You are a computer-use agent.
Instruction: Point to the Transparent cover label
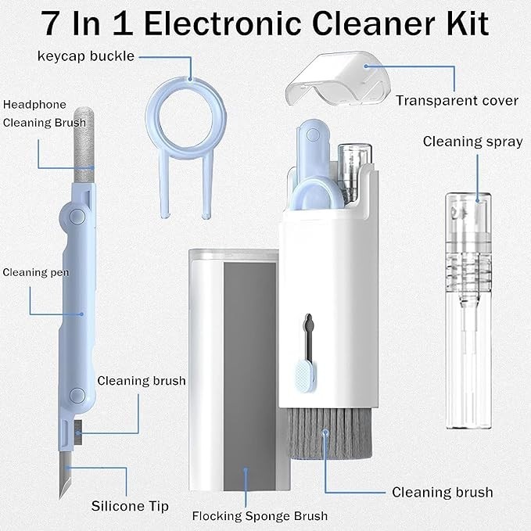point(457,101)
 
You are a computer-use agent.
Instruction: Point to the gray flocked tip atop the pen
point(84,145)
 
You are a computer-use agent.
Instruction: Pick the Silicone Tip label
point(130,506)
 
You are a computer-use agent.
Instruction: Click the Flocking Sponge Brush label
point(260,516)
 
